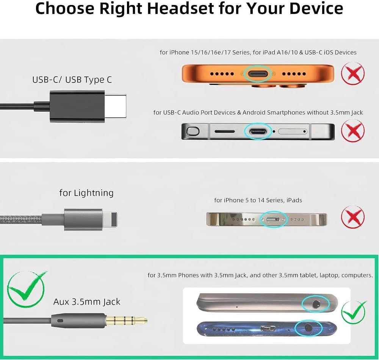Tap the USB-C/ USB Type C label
point(72,79)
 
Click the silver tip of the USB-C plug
point(115,106)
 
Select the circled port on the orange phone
point(258,74)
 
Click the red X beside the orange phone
point(352,73)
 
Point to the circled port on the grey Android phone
point(258,132)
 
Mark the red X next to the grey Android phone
point(352,131)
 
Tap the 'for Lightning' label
point(86,193)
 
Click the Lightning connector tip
point(110,219)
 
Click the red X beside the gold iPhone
point(352,217)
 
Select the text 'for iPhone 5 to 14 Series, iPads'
point(258,200)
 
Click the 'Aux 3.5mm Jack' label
point(87,302)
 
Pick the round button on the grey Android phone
point(193,131)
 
